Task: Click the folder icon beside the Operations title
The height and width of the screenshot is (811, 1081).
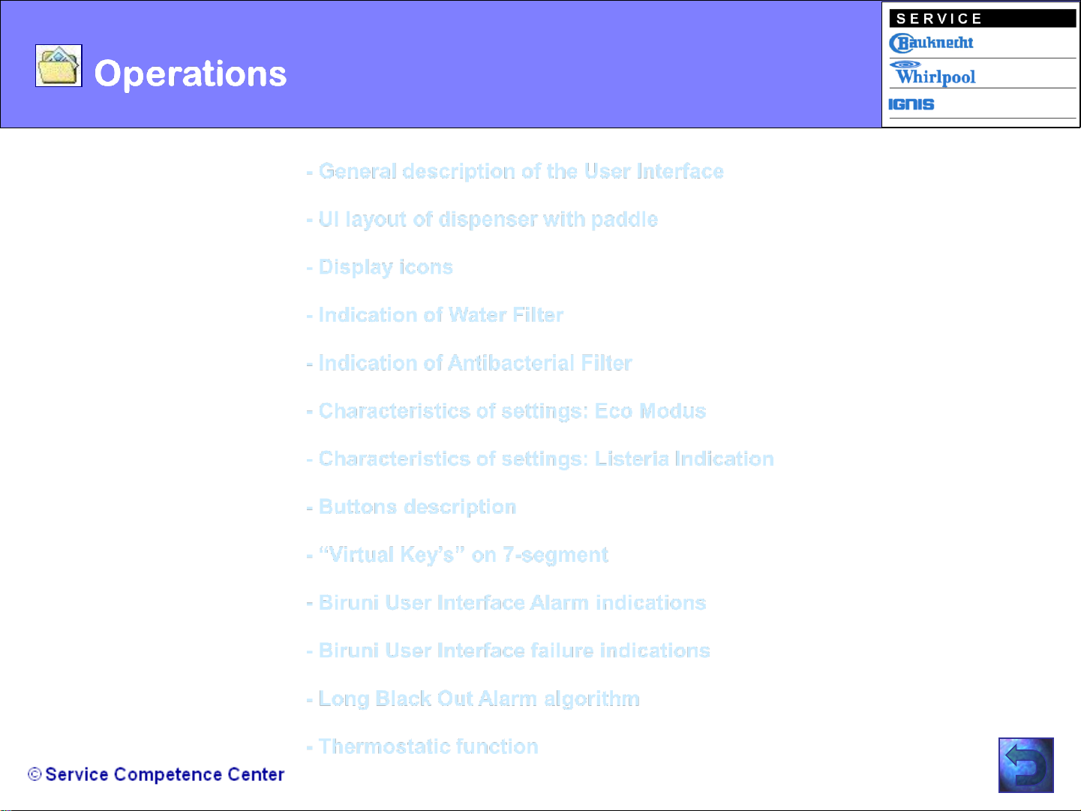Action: [59, 65]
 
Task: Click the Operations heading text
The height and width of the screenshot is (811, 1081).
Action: [190, 74]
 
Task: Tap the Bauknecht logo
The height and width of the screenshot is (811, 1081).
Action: [931, 43]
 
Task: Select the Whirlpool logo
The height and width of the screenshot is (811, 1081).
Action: [932, 73]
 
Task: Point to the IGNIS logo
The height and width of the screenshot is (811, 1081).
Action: [911, 104]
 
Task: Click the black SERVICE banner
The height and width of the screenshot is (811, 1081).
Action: [982, 19]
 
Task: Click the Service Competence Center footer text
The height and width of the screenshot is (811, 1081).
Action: [156, 774]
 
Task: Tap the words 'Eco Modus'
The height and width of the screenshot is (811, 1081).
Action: [650, 411]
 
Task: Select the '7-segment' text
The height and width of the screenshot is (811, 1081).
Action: [556, 555]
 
